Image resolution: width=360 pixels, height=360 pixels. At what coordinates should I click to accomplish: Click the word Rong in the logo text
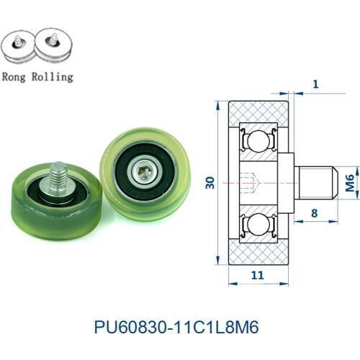17,76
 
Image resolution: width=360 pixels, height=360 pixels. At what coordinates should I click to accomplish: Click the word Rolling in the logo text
52,76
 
